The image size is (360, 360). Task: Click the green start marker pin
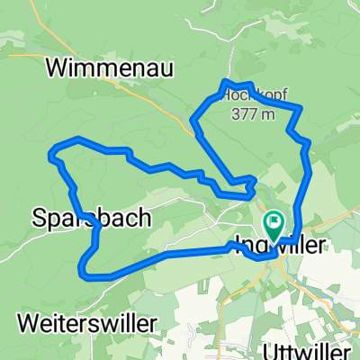[273, 222]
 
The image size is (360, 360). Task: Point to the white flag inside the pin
[273, 219]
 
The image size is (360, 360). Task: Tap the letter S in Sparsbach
[40, 218]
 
